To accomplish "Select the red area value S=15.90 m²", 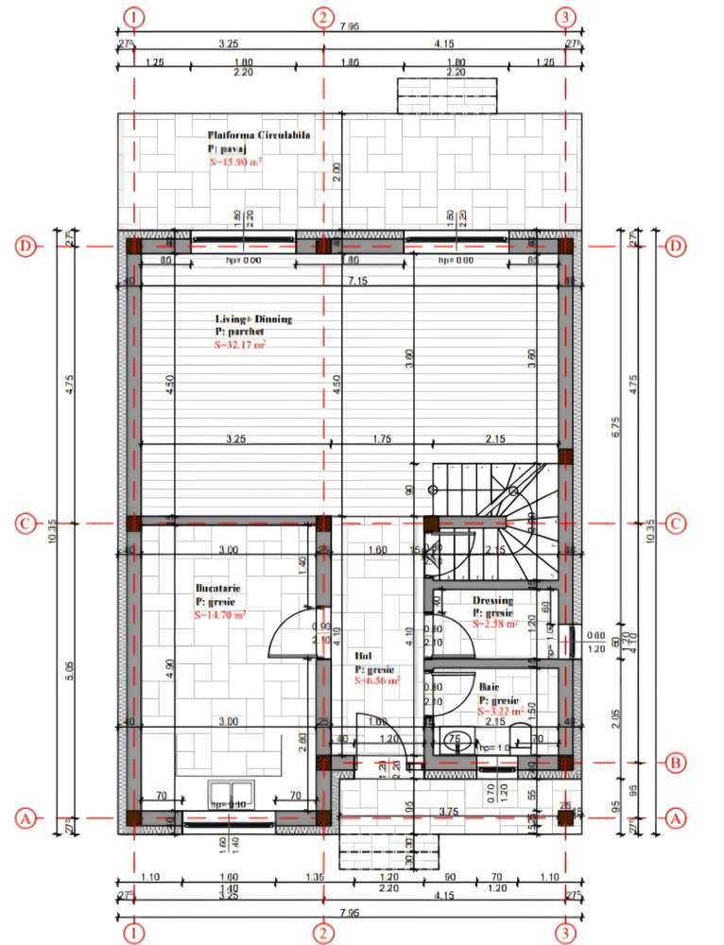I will click(235, 163).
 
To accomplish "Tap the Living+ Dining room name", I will click(253, 319).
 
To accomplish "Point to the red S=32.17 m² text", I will click(240, 346).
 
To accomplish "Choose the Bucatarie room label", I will click(218, 588).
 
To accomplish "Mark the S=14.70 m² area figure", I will click(220, 614).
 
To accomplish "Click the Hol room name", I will click(363, 655).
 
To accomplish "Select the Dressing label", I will click(493, 600).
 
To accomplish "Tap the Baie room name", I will click(489, 687).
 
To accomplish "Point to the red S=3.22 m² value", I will click(500, 712).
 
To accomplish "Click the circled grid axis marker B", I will click(675, 762).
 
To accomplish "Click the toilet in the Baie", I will click(518, 740).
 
